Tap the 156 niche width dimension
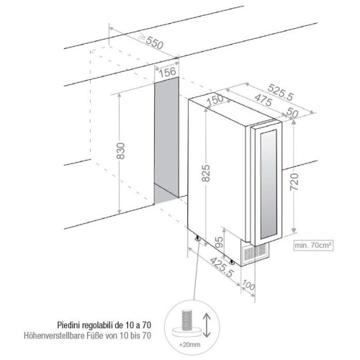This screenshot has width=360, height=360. (167, 72)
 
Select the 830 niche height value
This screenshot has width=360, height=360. (121, 150)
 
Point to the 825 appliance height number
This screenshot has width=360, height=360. (206, 173)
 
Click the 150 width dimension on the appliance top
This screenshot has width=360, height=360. (215, 100)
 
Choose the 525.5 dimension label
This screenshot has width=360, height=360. (281, 92)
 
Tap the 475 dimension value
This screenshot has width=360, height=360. (264, 100)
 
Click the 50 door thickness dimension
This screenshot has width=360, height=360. (292, 112)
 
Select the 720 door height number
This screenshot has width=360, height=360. (294, 181)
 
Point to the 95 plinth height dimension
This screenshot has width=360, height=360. (219, 243)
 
